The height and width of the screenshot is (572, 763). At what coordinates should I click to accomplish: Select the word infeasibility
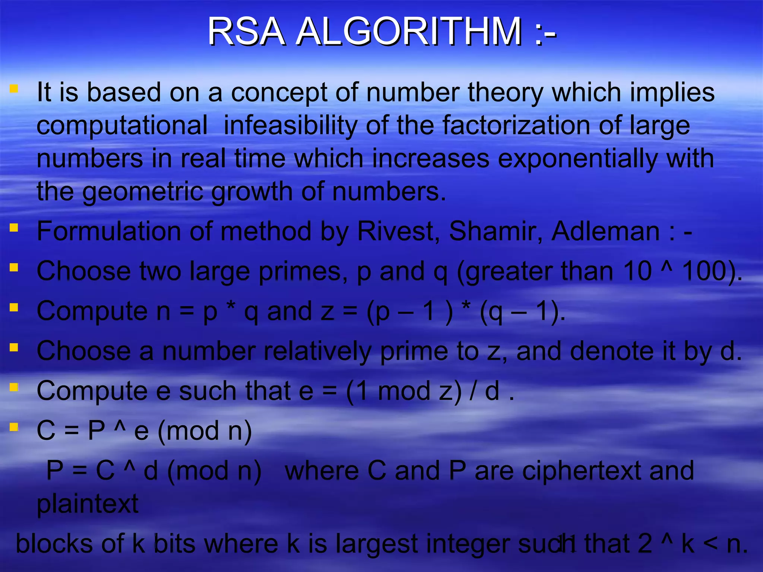coord(291,125)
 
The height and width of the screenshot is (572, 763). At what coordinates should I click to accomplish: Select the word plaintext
coord(88,504)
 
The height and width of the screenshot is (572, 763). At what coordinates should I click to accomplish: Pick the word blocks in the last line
coord(54,544)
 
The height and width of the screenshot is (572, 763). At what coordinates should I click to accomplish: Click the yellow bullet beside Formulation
coord(14,228)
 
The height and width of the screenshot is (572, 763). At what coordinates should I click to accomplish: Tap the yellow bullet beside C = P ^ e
coord(14,427)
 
